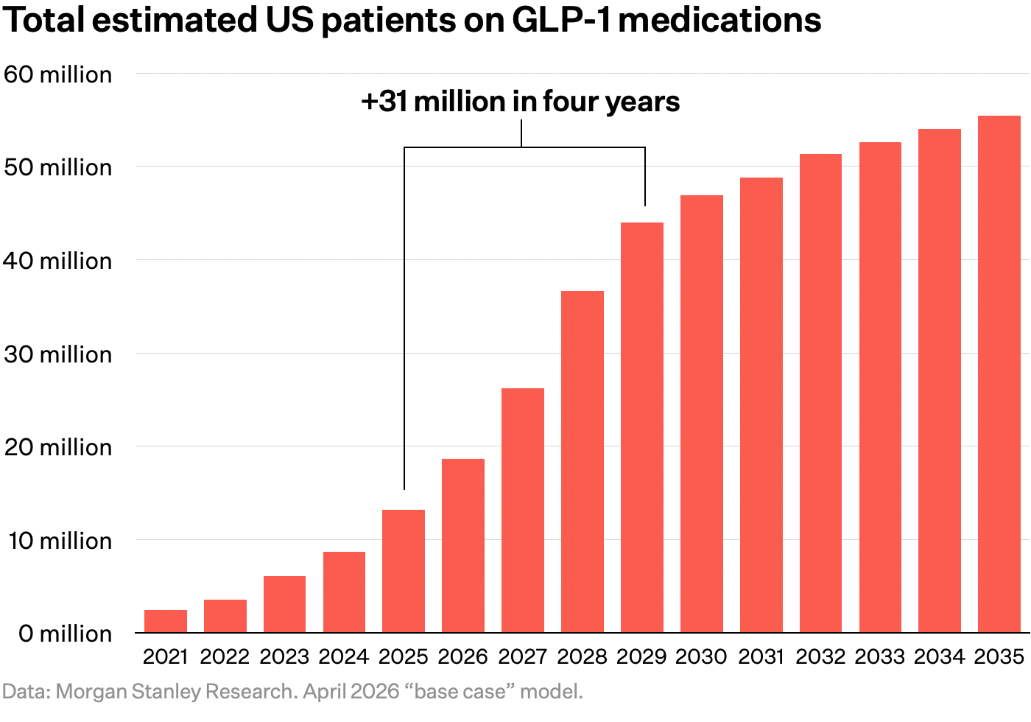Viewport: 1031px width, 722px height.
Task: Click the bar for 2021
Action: pos(166,621)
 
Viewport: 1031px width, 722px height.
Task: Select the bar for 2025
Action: pos(404,571)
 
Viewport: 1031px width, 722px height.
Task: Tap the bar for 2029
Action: pos(642,427)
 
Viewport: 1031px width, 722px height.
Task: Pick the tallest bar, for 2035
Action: pos(999,374)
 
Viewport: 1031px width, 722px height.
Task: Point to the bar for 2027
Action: pos(523,510)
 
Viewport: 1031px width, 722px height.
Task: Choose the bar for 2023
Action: pos(284,604)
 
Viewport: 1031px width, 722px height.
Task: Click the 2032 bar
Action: pos(820,393)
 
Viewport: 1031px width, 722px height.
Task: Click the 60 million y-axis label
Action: pos(58,74)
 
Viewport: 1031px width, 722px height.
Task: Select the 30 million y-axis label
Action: pos(58,354)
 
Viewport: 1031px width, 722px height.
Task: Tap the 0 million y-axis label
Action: pos(65,634)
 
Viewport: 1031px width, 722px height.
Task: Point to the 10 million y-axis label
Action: pos(60,541)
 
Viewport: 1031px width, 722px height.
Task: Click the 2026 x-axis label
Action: pos(463,656)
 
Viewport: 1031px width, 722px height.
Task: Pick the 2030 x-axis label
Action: pos(701,656)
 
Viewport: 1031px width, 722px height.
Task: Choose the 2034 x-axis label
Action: pos(940,656)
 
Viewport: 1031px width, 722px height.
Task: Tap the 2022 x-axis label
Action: pos(225,656)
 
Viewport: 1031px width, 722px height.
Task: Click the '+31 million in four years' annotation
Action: pos(521,102)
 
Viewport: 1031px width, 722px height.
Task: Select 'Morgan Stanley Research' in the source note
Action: pos(175,692)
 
